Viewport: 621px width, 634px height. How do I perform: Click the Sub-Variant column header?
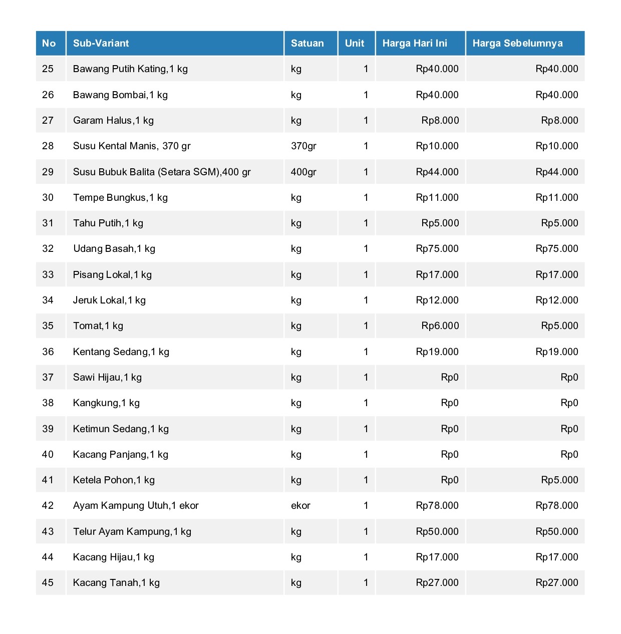(101, 43)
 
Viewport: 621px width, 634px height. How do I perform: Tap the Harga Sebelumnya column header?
(517, 43)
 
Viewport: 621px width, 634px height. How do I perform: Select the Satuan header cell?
(307, 43)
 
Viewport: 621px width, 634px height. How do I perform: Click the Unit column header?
(355, 43)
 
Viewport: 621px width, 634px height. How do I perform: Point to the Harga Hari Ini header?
(415, 43)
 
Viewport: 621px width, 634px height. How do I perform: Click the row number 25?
(48, 69)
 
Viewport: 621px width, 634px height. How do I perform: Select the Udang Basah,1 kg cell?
(114, 248)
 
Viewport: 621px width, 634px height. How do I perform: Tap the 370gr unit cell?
(303, 146)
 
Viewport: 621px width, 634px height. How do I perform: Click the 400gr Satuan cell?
(303, 172)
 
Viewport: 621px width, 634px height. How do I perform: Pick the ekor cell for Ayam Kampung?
(300, 505)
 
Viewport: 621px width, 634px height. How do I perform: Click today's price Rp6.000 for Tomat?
(440, 326)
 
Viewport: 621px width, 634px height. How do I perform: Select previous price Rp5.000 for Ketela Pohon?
(559, 480)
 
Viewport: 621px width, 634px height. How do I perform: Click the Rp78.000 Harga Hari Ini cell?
(437, 505)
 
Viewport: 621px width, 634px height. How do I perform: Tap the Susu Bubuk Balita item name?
(162, 172)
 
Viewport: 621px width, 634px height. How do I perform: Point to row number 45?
(48, 582)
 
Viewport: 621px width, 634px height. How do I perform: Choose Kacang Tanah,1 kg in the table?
(116, 582)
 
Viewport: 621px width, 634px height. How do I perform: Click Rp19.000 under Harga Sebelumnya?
(556, 352)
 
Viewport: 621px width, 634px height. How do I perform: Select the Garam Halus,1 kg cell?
(113, 120)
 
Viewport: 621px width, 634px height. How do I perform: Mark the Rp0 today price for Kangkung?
(449, 403)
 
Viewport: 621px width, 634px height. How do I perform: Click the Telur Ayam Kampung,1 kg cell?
(132, 531)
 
